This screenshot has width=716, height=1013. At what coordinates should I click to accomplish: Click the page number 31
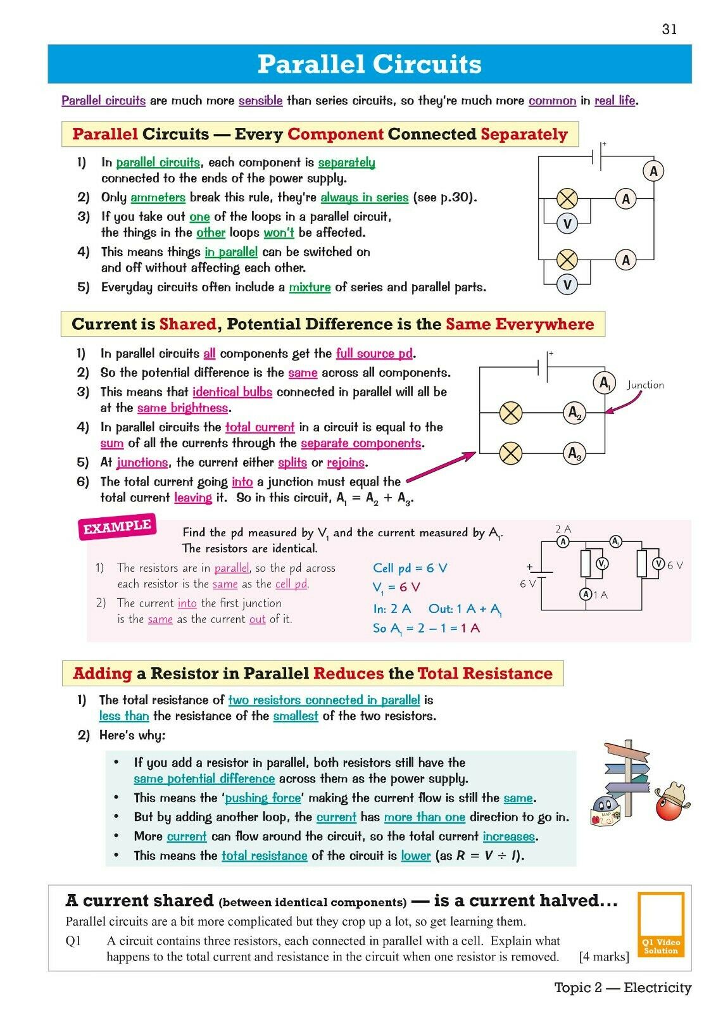point(669,29)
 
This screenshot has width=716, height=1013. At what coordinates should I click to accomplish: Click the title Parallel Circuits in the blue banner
point(369,64)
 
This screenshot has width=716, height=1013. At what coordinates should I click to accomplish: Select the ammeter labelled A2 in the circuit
point(574,413)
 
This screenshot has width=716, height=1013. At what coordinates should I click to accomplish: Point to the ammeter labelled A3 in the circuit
point(574,453)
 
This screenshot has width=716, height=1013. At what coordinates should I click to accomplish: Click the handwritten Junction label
point(645,385)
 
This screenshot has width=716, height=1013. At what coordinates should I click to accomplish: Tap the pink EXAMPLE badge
point(118,527)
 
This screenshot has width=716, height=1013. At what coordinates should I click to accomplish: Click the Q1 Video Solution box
point(661,924)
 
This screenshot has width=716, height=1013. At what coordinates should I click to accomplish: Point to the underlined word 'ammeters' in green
point(158,198)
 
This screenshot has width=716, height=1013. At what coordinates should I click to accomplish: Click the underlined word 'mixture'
point(310,287)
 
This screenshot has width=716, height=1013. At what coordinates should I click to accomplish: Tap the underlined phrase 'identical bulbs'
point(232,392)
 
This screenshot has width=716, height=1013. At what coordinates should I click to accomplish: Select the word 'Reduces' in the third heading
point(348,674)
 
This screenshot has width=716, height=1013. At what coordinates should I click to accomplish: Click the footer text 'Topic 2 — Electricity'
point(623,988)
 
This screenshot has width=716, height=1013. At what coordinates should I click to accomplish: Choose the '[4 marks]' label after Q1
point(604,956)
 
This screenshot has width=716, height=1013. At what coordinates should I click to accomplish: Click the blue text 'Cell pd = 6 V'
point(410,568)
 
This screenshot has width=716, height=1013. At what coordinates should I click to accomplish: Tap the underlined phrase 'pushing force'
point(262,798)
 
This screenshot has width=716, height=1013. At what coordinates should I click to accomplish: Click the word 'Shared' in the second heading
point(188,324)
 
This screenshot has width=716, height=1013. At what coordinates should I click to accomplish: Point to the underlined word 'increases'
point(509,836)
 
